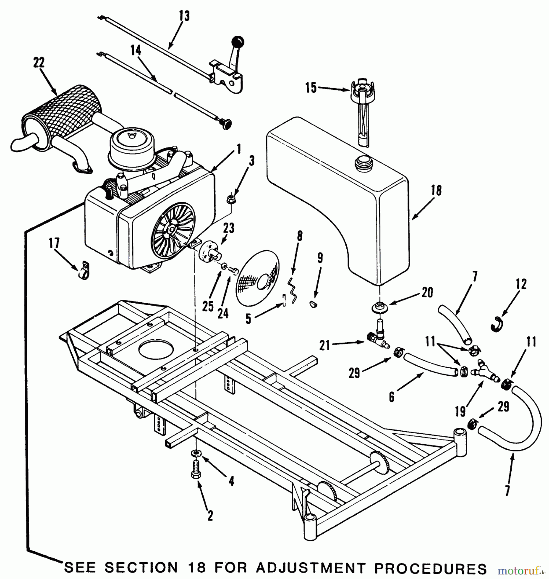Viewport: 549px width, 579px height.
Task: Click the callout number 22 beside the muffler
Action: (39, 63)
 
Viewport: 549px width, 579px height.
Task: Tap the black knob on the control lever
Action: (239, 41)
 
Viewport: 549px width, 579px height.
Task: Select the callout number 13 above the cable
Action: (184, 15)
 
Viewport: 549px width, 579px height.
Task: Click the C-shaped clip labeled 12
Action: (497, 324)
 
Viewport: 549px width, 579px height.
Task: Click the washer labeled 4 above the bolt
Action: (196, 453)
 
